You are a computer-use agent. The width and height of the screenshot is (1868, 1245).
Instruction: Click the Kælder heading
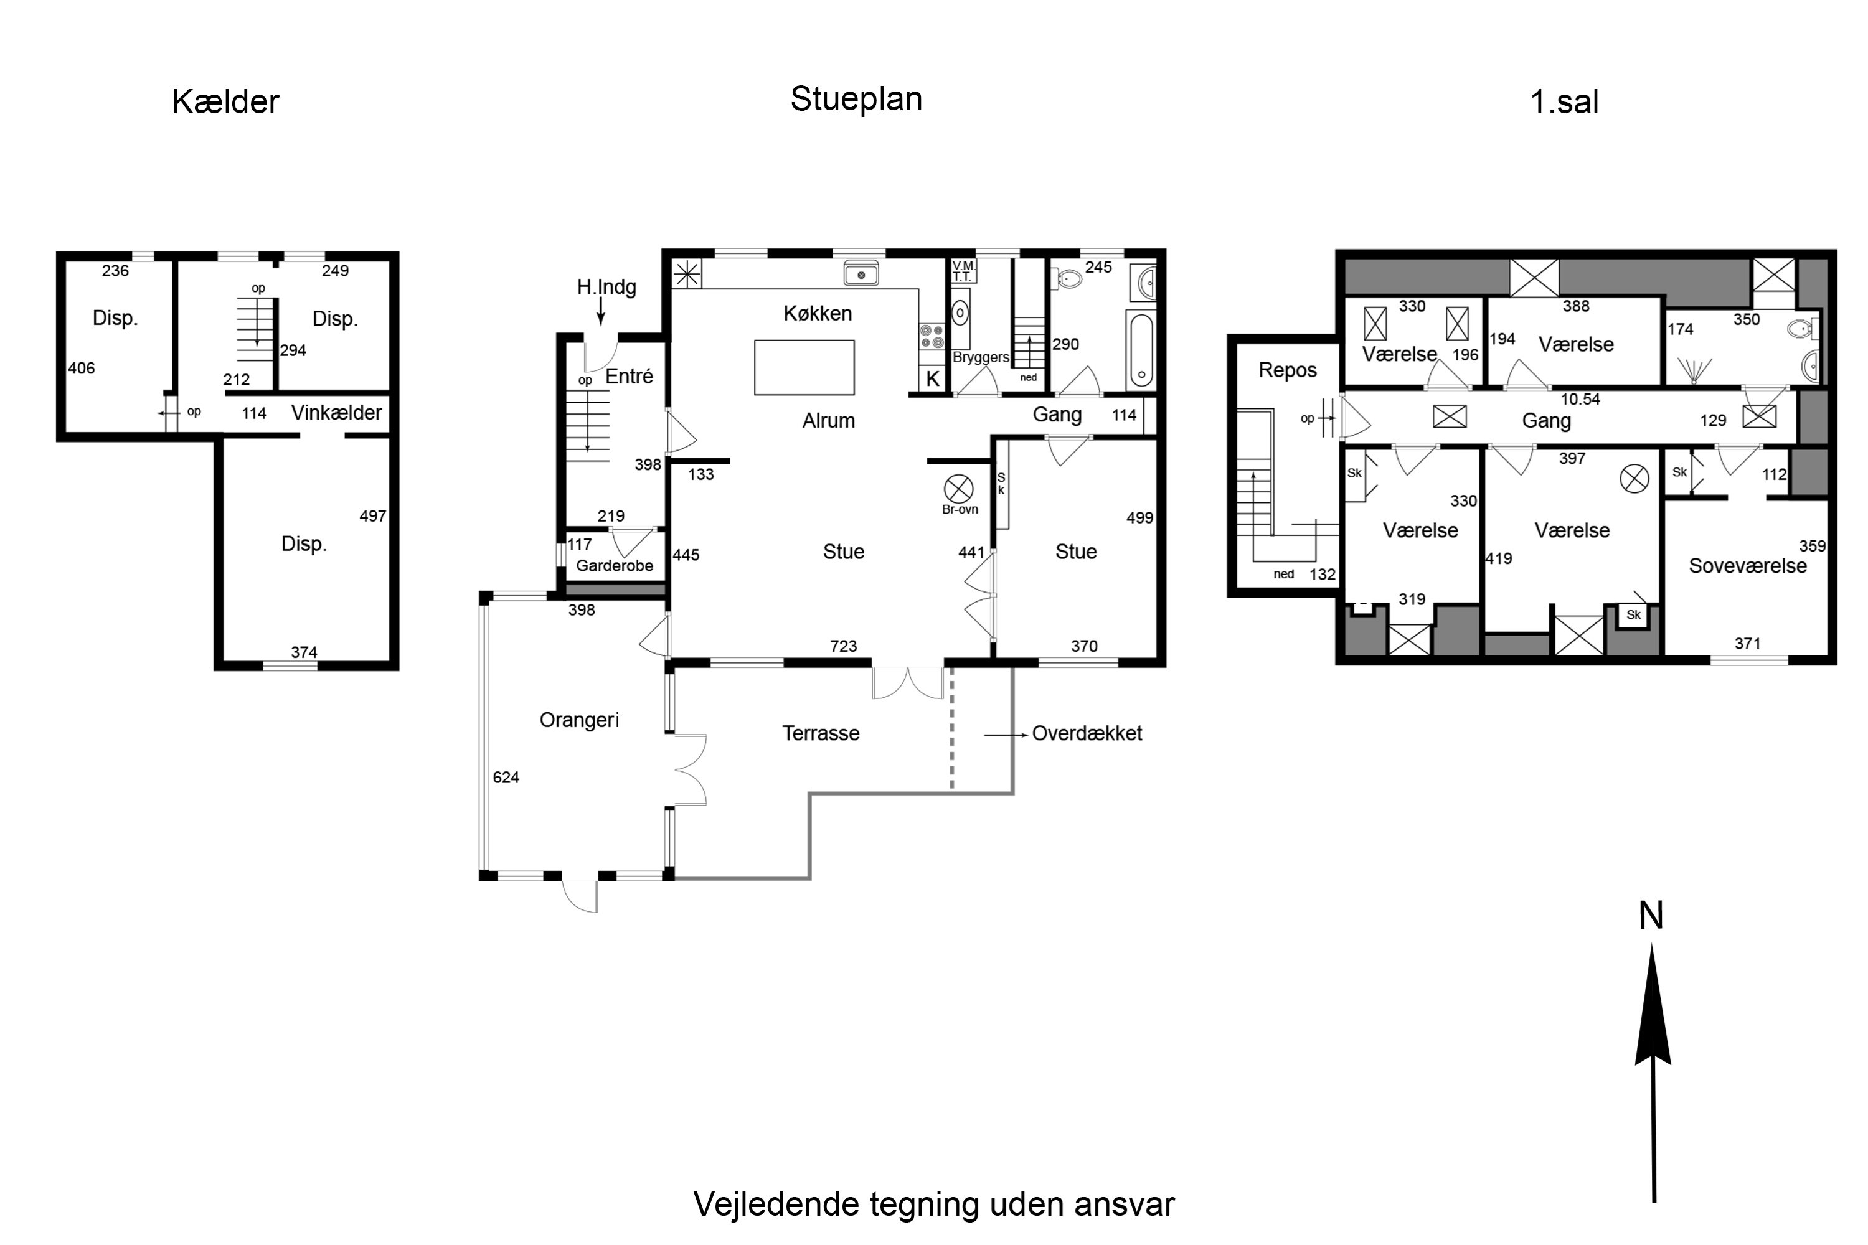225,101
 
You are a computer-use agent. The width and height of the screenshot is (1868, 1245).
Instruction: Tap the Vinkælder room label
336,413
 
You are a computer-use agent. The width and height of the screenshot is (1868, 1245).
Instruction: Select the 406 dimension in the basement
81,369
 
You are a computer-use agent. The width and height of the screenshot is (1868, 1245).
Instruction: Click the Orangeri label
579,720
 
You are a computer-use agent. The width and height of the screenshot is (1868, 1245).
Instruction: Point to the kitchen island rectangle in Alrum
804,368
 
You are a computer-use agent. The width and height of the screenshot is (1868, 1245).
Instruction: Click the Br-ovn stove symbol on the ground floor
959,489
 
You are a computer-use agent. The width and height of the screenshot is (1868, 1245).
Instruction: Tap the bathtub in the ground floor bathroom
1141,350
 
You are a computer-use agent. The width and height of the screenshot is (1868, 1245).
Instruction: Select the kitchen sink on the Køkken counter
861,274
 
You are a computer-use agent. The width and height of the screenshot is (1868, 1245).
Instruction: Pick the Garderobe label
615,565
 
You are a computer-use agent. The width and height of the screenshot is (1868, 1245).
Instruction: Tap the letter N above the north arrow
1651,916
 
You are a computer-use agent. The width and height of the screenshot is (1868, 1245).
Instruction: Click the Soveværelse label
1747,566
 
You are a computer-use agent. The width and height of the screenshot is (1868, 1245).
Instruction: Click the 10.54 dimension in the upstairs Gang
1580,400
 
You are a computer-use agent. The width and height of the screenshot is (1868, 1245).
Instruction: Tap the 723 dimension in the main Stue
844,646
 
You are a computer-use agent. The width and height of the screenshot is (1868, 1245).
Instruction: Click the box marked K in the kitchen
932,378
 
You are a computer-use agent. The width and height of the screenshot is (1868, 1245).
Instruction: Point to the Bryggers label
981,357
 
